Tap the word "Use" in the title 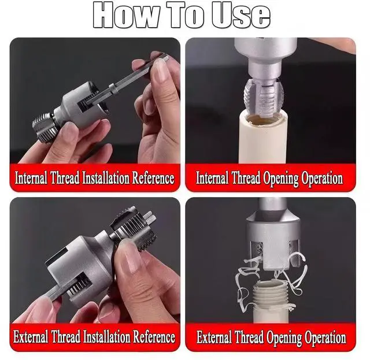(x=240, y=16)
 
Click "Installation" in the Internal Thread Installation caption (x=106, y=178)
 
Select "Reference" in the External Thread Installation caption (x=154, y=336)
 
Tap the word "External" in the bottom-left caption (x=31, y=336)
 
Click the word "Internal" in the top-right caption (x=212, y=178)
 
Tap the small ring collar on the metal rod (x=114, y=88)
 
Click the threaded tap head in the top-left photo (x=43, y=127)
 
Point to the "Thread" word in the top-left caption (x=65, y=178)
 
